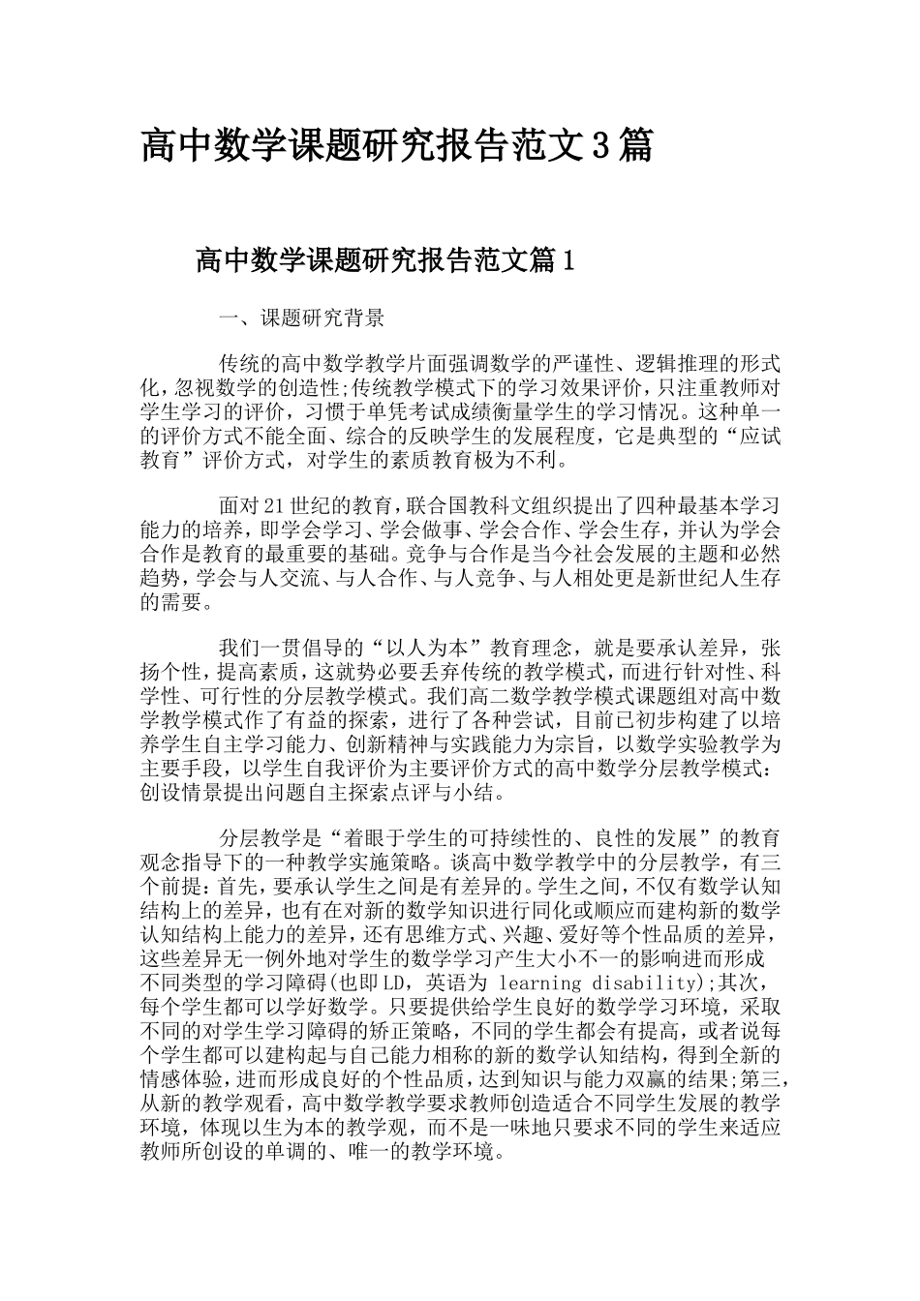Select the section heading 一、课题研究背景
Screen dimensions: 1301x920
tap(302, 317)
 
